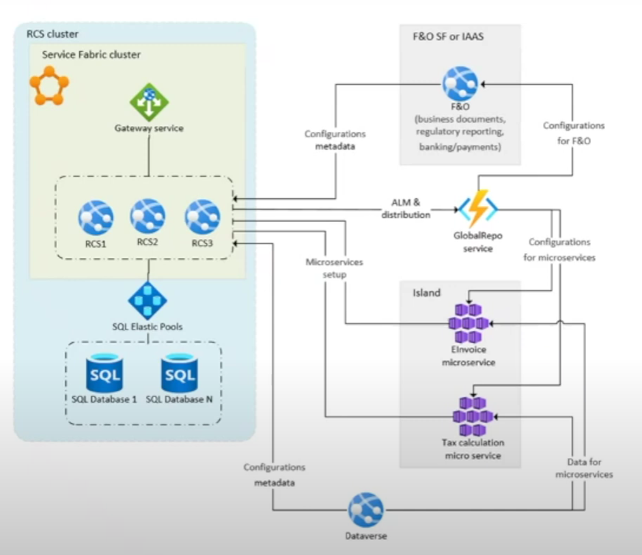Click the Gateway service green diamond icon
tap(149, 102)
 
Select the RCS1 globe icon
tap(96, 218)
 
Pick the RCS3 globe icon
tap(202, 217)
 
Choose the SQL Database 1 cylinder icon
tap(105, 372)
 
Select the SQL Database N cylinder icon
tap(180, 372)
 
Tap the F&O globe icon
tap(460, 84)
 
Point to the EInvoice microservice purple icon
tap(469, 323)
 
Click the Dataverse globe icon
tap(366, 510)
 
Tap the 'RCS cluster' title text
tap(52, 34)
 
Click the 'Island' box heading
tap(426, 293)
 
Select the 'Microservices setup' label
tap(335, 268)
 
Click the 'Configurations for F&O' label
tap(574, 134)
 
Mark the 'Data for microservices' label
tap(584, 468)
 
